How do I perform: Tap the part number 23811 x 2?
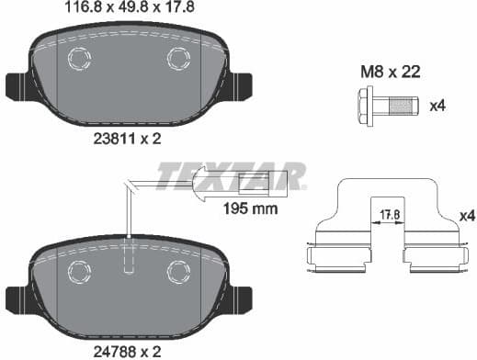(x=128, y=141)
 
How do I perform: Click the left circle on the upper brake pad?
(x=79, y=58)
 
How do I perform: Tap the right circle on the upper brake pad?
(x=177, y=59)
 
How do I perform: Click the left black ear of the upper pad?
(x=17, y=86)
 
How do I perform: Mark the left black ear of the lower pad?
(x=17, y=298)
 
